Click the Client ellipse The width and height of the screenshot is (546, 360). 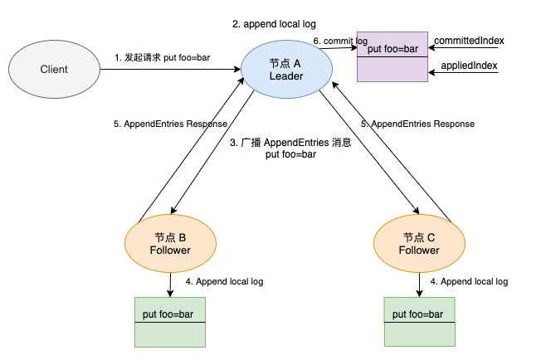pyautogui.click(x=54, y=70)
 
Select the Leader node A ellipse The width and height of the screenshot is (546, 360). pyautogui.click(x=286, y=70)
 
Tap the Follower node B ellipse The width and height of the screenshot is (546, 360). pyautogui.click(x=170, y=243)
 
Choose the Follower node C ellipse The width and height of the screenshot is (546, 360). pyautogui.click(x=419, y=243)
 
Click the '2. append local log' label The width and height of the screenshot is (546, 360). pyautogui.click(x=274, y=24)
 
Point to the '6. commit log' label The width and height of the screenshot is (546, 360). pyautogui.click(x=340, y=41)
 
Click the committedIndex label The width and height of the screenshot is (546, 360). pyautogui.click(x=469, y=41)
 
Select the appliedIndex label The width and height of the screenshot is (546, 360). pyautogui.click(x=469, y=66)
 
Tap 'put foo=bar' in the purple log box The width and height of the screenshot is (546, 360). pyautogui.click(x=392, y=49)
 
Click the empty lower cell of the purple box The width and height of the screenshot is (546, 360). pyautogui.click(x=392, y=70)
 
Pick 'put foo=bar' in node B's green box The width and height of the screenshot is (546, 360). pyautogui.click(x=168, y=314)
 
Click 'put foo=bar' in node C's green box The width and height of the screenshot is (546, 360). pyautogui.click(x=417, y=314)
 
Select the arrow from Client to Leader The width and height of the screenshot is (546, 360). pyautogui.click(x=170, y=70)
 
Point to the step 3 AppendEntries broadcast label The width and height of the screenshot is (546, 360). pyautogui.click(x=290, y=148)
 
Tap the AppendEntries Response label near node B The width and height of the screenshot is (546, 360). pyautogui.click(x=170, y=124)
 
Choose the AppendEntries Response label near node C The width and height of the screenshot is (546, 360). pyautogui.click(x=417, y=124)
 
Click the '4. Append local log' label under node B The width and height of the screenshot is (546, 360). pyautogui.click(x=224, y=281)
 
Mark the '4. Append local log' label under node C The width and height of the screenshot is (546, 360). pyautogui.click(x=469, y=281)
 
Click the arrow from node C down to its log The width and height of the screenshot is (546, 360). pyautogui.click(x=419, y=285)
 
